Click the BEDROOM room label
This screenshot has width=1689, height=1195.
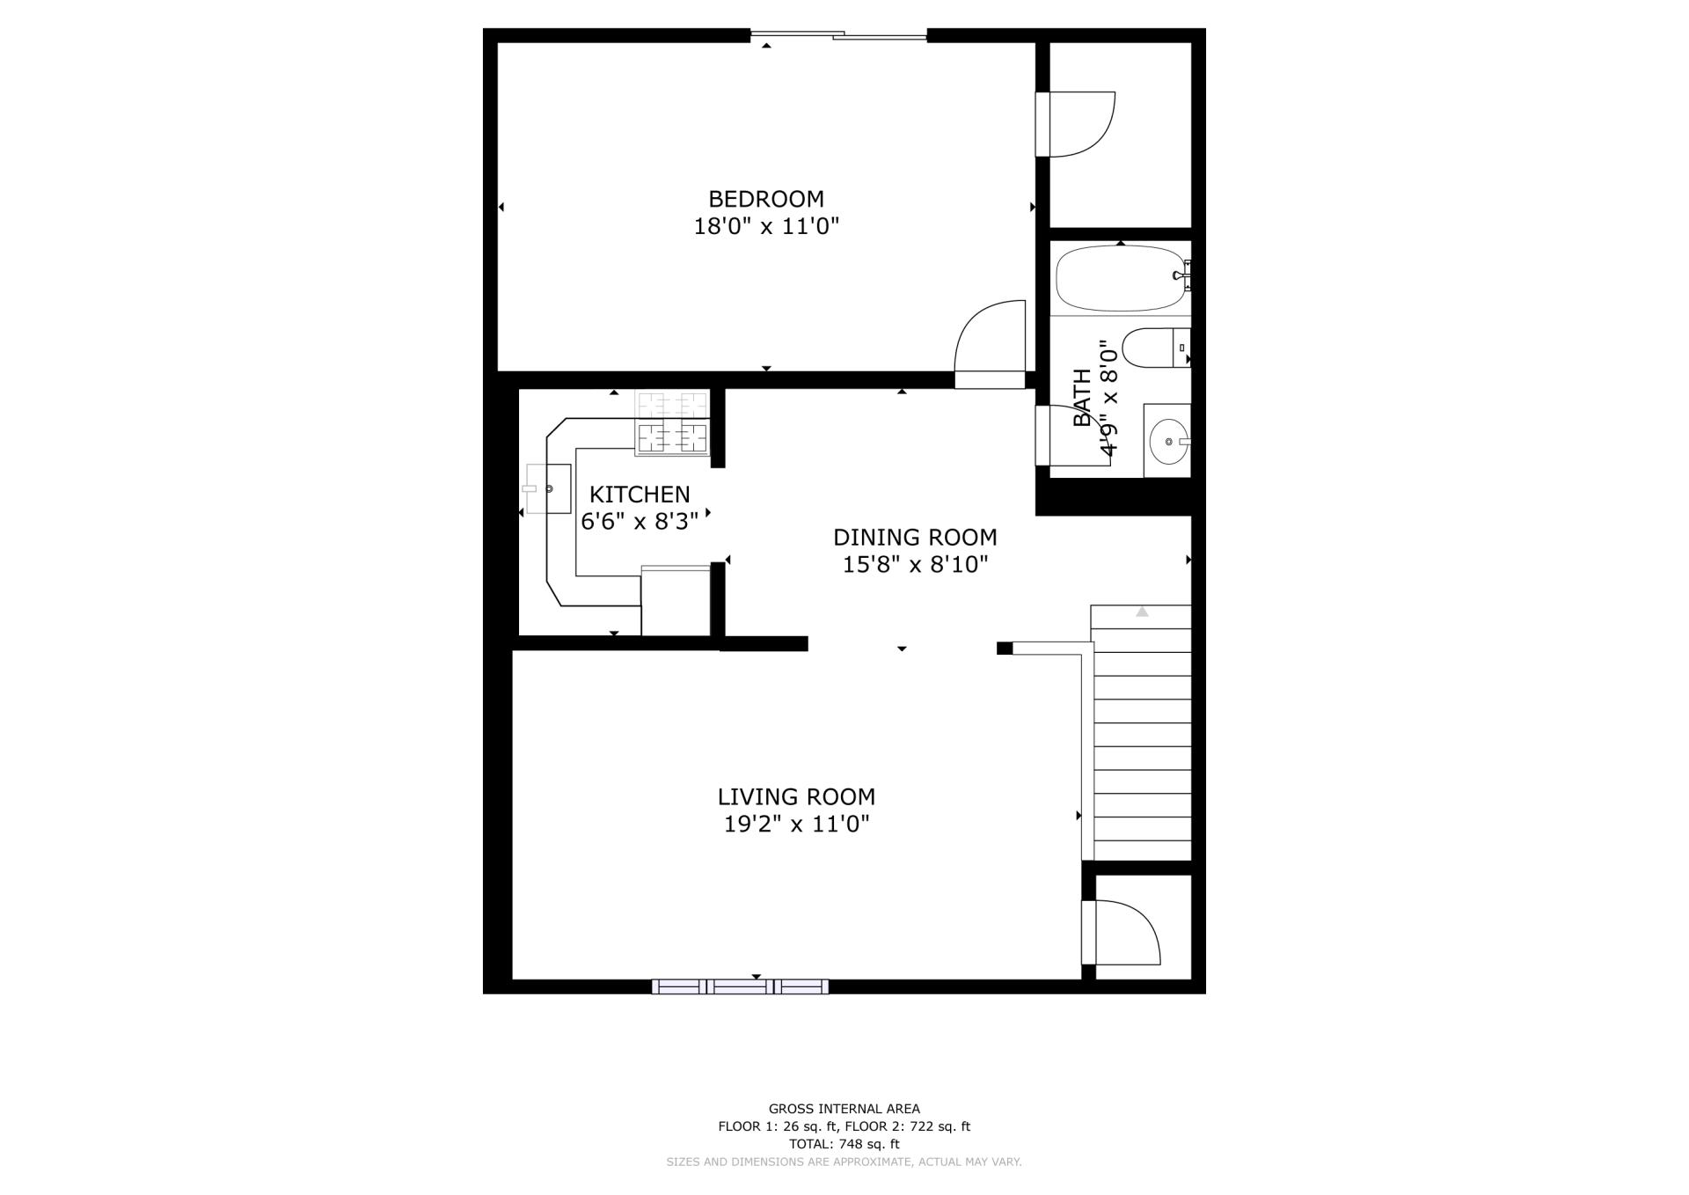pyautogui.click(x=766, y=199)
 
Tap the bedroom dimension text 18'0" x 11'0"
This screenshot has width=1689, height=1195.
pyautogui.click(x=766, y=226)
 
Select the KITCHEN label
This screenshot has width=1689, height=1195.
pyautogui.click(x=640, y=495)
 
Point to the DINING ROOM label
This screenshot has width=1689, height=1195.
pyautogui.click(x=915, y=537)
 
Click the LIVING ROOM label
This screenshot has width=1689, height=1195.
pyautogui.click(x=796, y=796)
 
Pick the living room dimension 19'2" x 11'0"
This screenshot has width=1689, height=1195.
pyautogui.click(x=796, y=824)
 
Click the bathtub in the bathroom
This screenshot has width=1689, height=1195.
pyautogui.click(x=1120, y=278)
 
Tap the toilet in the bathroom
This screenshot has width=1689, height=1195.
pyautogui.click(x=1156, y=348)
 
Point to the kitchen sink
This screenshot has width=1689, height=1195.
pyautogui.click(x=547, y=488)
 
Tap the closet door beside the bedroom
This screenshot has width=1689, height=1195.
pyautogui.click(x=1075, y=124)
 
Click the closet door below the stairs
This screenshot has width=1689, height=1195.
pyautogui.click(x=1121, y=933)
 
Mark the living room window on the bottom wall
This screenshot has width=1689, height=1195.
pyautogui.click(x=740, y=986)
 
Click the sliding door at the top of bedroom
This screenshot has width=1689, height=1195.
pyautogui.click(x=838, y=35)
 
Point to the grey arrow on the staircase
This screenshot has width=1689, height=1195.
pyautogui.click(x=1142, y=611)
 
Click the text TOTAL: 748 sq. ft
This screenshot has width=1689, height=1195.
pyautogui.click(x=844, y=1144)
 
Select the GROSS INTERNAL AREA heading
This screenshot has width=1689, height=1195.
pyautogui.click(x=844, y=1109)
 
